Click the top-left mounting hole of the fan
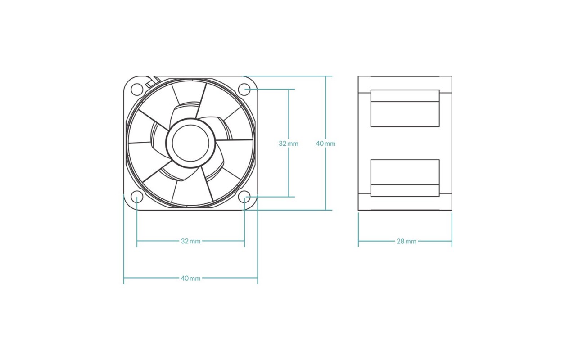(137, 90)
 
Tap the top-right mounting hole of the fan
(244, 89)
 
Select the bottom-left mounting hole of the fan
(137, 197)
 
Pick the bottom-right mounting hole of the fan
(244, 197)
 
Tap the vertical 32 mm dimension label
(289, 144)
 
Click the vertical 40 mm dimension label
(325, 144)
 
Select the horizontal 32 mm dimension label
(190, 241)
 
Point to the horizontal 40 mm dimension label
(190, 278)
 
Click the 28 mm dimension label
(407, 241)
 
